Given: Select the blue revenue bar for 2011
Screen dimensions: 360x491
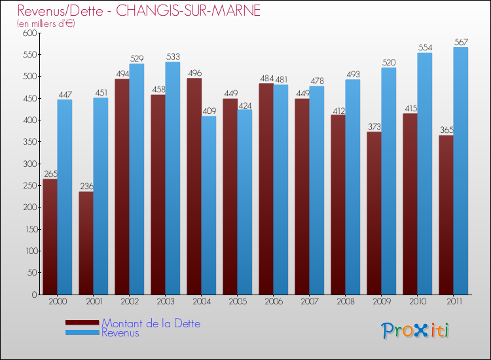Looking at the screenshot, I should click(461, 171).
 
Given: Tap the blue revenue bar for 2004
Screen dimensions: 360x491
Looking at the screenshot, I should click(209, 206).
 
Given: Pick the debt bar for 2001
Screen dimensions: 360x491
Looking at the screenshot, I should click(86, 243).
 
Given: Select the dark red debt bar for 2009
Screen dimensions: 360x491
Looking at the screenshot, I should click(374, 213).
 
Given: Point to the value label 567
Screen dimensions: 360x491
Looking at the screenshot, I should click(461, 43).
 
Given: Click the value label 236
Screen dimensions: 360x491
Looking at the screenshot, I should click(86, 187).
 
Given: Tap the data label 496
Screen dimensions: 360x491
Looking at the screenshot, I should click(194, 73).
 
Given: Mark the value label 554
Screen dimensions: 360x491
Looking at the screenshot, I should click(425, 48).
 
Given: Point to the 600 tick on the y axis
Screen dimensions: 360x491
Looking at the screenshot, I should click(28, 33).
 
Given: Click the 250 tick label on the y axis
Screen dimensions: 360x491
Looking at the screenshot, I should click(28, 185).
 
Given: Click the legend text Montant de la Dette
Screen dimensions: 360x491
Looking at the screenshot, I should click(151, 323).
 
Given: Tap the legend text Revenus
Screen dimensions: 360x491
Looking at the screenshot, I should click(120, 333).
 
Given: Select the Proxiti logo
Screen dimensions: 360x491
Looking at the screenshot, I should click(415, 331).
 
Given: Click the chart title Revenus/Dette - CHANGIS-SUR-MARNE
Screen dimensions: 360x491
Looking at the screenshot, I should click(139, 11).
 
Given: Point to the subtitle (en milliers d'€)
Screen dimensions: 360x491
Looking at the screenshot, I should click(46, 24).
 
